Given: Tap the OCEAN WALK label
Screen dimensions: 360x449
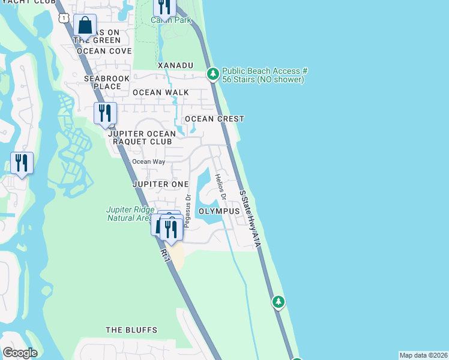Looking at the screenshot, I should click(160, 92).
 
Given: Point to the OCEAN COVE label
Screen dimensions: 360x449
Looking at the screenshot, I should click(104, 51).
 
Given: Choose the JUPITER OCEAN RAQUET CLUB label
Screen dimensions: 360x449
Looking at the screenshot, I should click(142, 137).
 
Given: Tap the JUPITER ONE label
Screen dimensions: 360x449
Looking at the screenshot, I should click(160, 184).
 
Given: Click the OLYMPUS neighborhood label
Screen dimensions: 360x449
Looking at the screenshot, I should click(219, 212).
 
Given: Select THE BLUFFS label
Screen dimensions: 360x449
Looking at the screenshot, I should click(131, 330).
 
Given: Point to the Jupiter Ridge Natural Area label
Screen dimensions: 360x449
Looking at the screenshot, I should click(131, 214).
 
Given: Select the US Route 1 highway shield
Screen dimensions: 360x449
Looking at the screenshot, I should click(64, 18).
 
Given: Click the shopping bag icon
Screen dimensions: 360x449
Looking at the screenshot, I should click(85, 26).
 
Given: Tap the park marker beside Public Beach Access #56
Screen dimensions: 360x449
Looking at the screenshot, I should click(212, 74).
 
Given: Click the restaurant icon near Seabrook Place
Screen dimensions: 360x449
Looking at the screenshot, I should click(105, 113).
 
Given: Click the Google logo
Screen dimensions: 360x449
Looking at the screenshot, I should click(20, 353).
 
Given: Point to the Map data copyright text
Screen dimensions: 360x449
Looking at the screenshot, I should click(423, 355).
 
